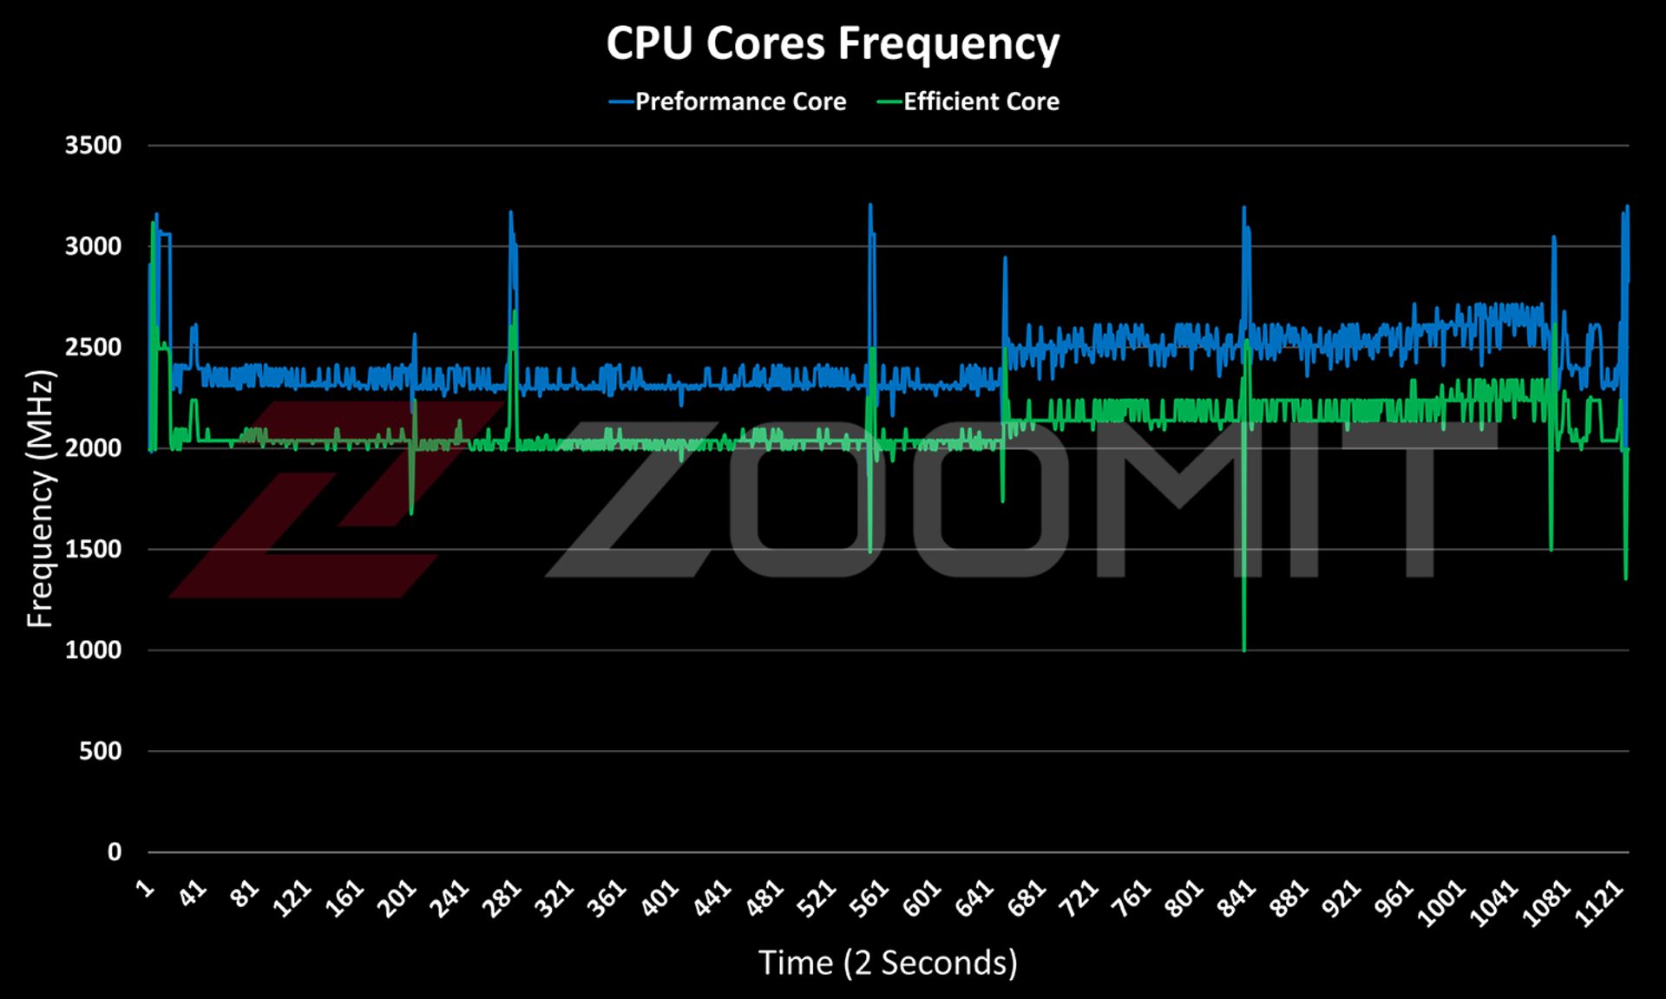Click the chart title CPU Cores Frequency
832,43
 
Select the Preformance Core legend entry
739,101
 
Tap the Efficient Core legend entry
981,101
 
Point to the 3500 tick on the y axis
93,145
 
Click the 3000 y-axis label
93,246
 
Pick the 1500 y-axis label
93,549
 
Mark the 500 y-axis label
100,751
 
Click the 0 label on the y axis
114,852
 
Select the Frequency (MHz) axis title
40,499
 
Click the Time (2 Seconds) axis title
888,963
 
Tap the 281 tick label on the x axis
502,899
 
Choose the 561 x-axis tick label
869,899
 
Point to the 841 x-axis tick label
1236,899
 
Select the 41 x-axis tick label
193,893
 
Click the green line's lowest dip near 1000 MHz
1243,650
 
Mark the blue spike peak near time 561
869,206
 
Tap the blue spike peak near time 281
510,212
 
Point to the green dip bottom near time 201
411,514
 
